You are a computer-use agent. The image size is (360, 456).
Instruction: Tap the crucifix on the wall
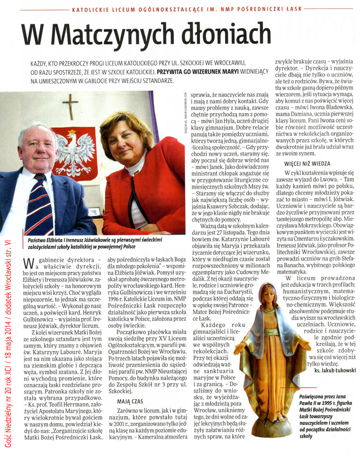[x=70, y=107]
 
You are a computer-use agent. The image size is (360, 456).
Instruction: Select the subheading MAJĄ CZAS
[x=130, y=402]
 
